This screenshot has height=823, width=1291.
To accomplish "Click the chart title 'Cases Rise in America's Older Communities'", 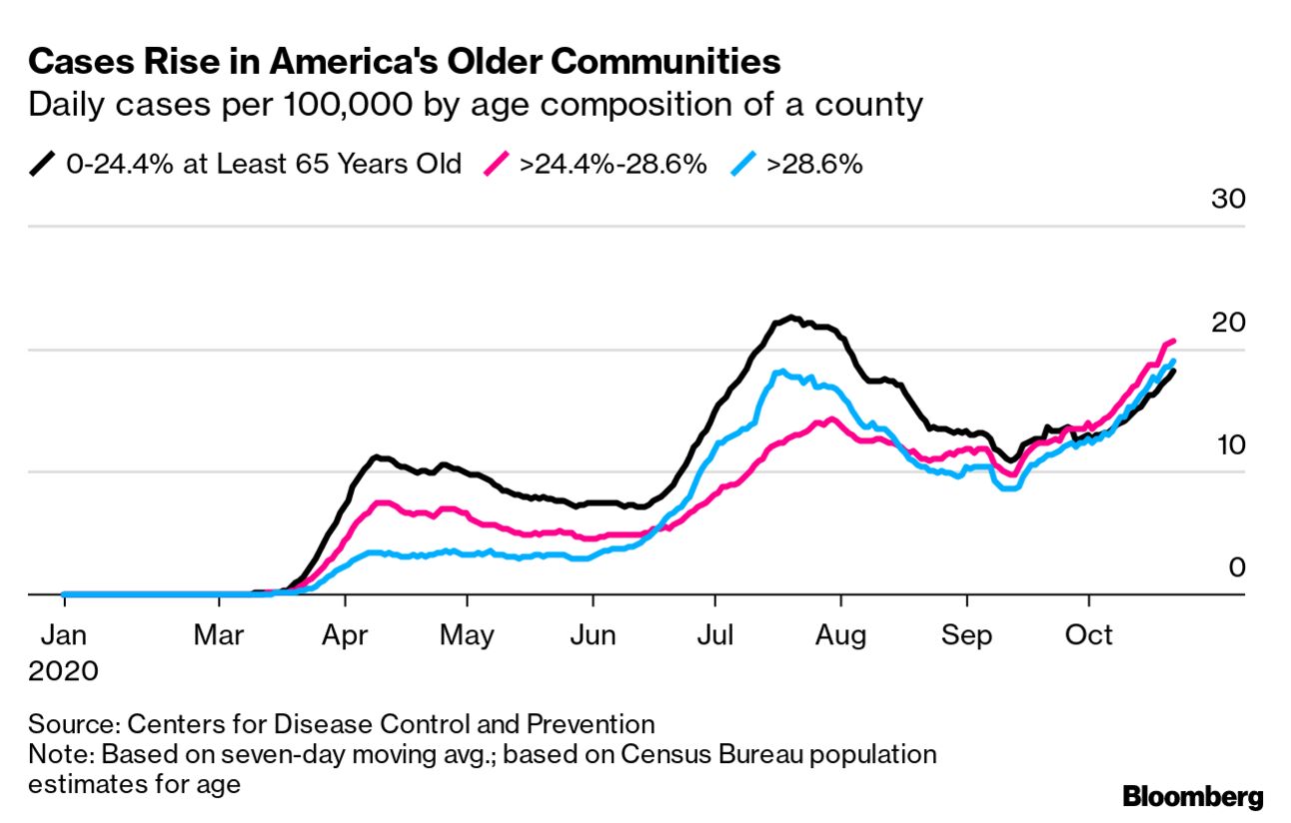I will [404, 62].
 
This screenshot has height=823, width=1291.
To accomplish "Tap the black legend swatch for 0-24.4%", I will [43, 164].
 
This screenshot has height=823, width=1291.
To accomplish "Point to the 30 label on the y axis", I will [1228, 199].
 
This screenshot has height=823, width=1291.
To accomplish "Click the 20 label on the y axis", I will [1228, 323].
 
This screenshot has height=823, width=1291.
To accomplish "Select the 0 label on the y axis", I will [1237, 567].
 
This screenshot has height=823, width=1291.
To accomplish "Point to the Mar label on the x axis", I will [219, 635].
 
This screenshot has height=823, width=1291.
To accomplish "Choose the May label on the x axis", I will [467, 635].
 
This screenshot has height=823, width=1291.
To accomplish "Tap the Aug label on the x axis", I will [840, 635].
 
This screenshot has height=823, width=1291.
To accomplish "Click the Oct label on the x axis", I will [1089, 635].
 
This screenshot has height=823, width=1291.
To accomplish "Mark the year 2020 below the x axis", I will [64, 670].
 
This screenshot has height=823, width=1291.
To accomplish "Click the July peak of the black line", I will [791, 318].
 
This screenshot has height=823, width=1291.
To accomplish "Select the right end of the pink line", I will [1172, 342].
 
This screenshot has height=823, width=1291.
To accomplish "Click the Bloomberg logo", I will [1192, 797].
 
